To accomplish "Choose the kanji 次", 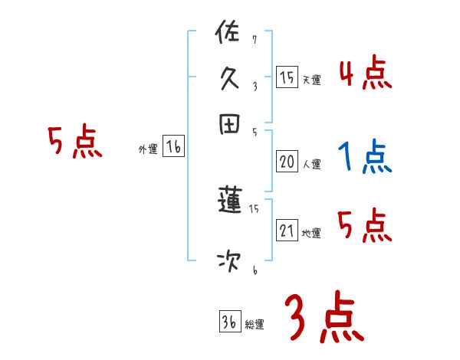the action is tap(230, 262).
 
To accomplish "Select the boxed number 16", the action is tap(173, 147).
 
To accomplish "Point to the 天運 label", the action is tap(311, 80).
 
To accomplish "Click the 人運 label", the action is tap(311, 163).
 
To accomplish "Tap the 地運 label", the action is tap(311, 233).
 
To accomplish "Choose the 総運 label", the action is tap(255, 324).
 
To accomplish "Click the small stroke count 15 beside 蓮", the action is tap(255, 208).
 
